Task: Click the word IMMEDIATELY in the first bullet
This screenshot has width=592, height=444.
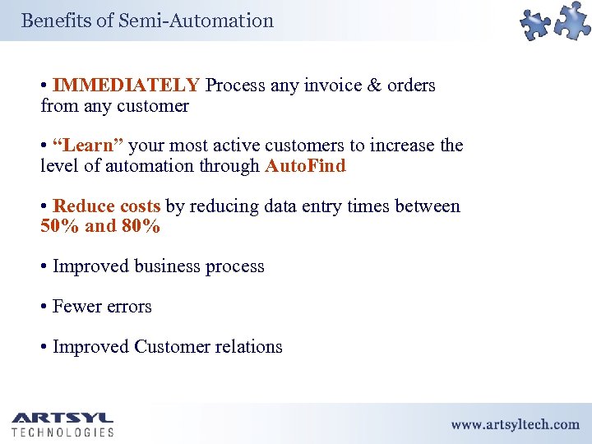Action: pyautogui.click(x=126, y=86)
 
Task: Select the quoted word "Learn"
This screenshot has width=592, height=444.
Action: pyautogui.click(x=88, y=146)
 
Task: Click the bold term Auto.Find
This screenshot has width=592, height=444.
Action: pyautogui.click(x=305, y=166)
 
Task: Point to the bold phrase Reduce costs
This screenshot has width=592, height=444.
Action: pyautogui.click(x=106, y=206)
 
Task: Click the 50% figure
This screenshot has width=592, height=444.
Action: pyautogui.click(x=58, y=226)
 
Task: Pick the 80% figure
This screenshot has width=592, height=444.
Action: pyautogui.click(x=141, y=226)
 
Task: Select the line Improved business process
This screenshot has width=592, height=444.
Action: pyautogui.click(x=159, y=266)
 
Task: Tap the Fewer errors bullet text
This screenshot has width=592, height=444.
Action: pyautogui.click(x=102, y=307)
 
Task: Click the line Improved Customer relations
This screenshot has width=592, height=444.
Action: pyautogui.click(x=167, y=347)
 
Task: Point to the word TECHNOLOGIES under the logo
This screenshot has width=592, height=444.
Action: pyautogui.click(x=62, y=432)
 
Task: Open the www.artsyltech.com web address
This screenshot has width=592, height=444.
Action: pyautogui.click(x=515, y=424)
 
